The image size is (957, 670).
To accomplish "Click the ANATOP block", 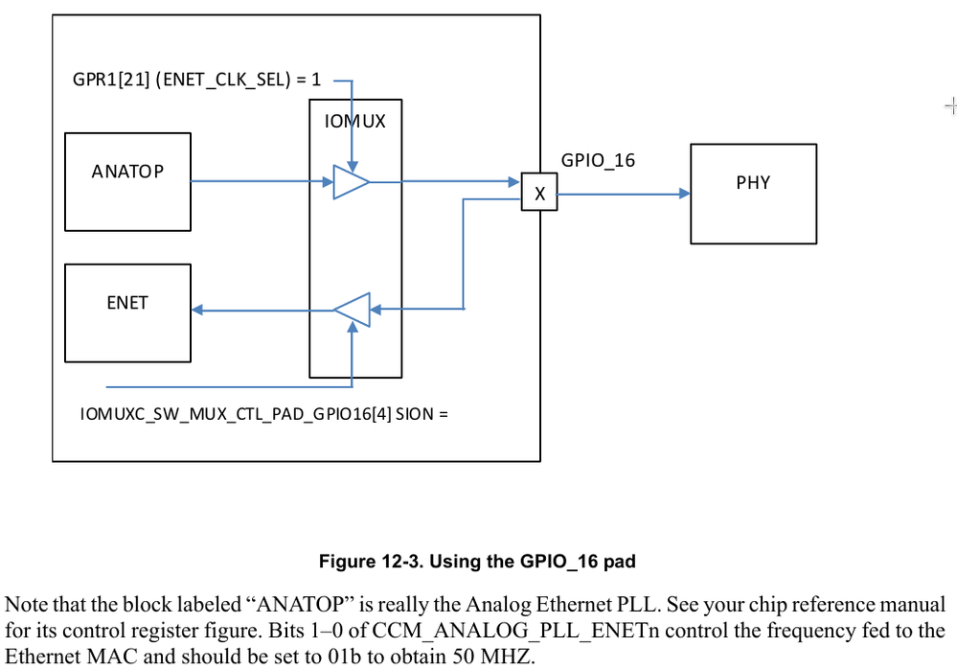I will pos(126,181).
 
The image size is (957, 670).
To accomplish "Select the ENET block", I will pos(126,312).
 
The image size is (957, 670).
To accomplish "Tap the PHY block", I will pos(753,193).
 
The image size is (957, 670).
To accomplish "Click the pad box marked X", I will pos(539,194).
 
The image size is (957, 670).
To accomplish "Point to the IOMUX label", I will pos(354,122).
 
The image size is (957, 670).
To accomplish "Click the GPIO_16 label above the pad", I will pos(598,161).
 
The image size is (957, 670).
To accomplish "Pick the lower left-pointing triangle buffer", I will pos(352,309).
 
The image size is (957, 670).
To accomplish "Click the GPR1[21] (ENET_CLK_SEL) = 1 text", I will pos(197,81).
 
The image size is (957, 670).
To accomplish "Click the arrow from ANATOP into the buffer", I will pos(259,181).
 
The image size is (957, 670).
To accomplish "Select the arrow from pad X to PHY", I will pos(623,194).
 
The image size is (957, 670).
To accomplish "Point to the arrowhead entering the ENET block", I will pos(197,309).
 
